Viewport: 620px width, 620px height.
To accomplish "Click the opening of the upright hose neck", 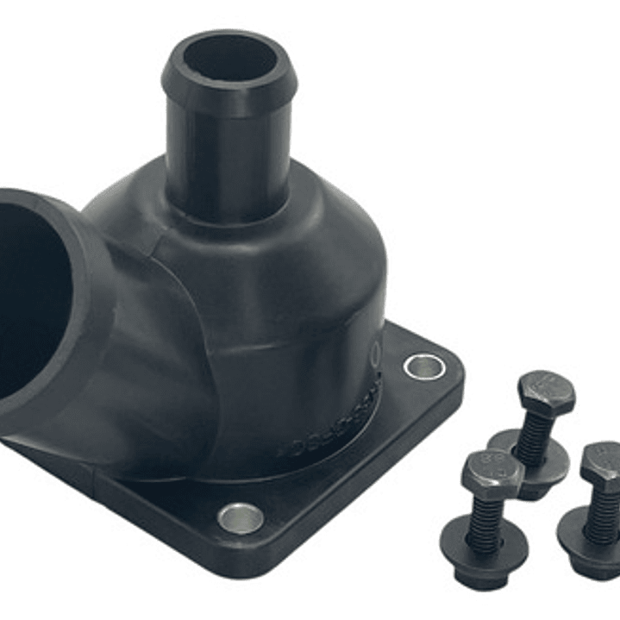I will pyautogui.click(x=229, y=58).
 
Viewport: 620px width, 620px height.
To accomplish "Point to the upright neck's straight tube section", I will pyautogui.click(x=229, y=155).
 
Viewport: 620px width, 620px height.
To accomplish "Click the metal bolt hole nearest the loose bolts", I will pyautogui.click(x=422, y=366).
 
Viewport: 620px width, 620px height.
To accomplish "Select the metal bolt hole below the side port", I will pyautogui.click(x=241, y=518).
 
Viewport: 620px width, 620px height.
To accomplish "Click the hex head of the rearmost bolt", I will pyautogui.click(x=547, y=392).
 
